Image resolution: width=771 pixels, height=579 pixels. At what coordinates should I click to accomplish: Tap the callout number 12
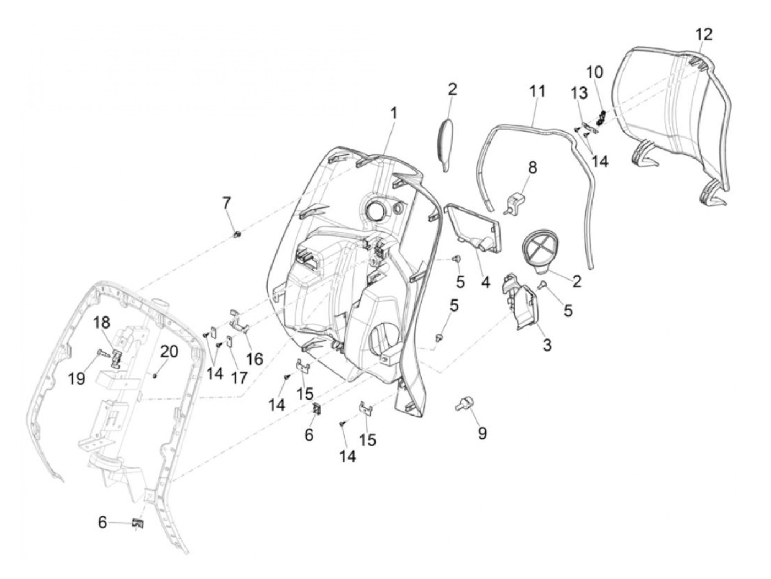coord(703,34)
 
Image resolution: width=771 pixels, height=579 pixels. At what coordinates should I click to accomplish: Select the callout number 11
coord(537,91)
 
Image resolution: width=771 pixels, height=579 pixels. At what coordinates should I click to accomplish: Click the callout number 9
coord(482,433)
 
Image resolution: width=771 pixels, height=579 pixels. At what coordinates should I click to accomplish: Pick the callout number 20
coord(169,351)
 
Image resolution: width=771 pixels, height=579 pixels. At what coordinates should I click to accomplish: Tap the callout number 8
coord(533,167)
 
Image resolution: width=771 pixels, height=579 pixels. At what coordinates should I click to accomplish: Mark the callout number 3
coord(546,345)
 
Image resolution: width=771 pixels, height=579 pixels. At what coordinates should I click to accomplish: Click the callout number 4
coord(485,282)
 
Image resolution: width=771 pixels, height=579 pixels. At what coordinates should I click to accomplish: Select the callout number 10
coord(594,72)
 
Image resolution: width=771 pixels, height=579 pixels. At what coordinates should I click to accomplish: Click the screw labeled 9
coord(462,406)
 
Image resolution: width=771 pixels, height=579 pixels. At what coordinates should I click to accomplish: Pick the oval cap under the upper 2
coord(444,145)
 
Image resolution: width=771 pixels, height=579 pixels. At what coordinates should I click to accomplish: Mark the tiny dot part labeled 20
coord(156,375)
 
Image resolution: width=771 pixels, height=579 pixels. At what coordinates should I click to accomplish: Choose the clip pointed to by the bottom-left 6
coord(137,523)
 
